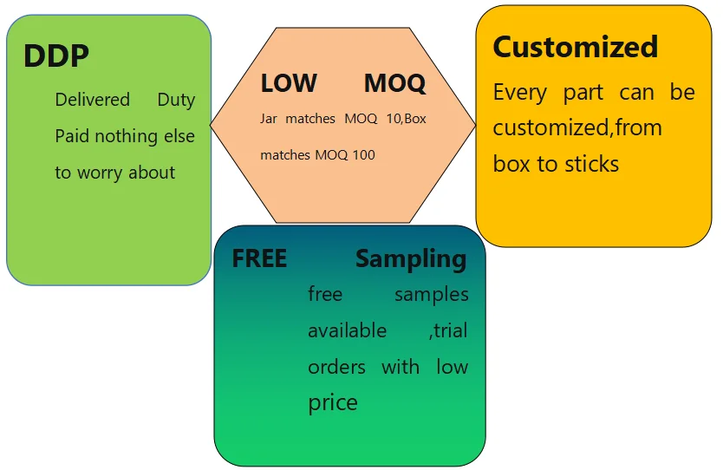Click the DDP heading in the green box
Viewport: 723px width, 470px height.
click(56, 56)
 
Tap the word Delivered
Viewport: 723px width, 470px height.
click(92, 100)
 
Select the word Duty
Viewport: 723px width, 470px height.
click(176, 100)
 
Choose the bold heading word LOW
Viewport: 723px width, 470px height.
click(289, 83)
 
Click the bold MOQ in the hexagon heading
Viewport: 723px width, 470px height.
click(394, 83)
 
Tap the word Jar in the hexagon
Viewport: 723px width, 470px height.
click(269, 119)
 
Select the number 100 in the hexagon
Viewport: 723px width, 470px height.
click(364, 155)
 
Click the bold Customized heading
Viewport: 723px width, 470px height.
click(575, 47)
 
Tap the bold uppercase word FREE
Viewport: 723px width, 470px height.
click(259, 258)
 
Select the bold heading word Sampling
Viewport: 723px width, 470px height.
click(411, 258)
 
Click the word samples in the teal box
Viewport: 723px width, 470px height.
click(431, 295)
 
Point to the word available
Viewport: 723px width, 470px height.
click(347, 331)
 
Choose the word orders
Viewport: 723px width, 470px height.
click(336, 367)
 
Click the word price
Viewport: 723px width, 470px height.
click(332, 403)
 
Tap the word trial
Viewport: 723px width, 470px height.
click(451, 331)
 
